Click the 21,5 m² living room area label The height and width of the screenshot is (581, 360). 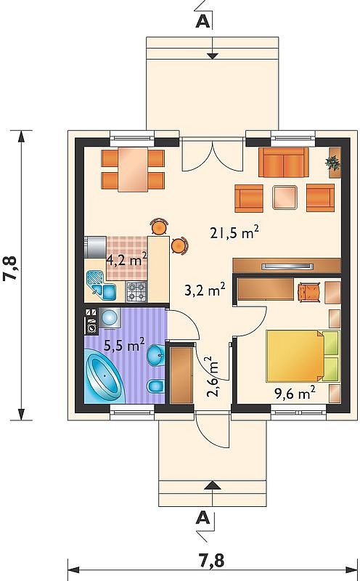click(x=234, y=232)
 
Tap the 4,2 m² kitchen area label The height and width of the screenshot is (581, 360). click(x=127, y=260)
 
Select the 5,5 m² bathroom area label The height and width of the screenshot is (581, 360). click(x=124, y=346)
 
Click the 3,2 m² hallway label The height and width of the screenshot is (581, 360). click(x=205, y=290)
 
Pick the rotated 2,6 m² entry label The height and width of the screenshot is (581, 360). click(x=214, y=377)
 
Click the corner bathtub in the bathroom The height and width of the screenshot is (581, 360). click(x=104, y=378)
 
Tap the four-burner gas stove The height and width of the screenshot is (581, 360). click(x=136, y=291)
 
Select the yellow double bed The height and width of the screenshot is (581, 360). click(x=303, y=356)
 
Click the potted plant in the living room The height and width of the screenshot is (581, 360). click(x=334, y=163)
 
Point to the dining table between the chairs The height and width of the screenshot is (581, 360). click(x=133, y=169)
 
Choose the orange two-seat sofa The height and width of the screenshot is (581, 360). click(x=283, y=162)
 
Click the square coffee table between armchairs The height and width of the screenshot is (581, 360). click(x=285, y=197)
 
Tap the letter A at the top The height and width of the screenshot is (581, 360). click(x=202, y=22)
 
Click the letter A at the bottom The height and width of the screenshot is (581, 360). click(x=202, y=518)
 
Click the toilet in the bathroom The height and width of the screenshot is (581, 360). click(x=155, y=386)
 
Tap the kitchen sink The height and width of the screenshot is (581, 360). click(x=101, y=284)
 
